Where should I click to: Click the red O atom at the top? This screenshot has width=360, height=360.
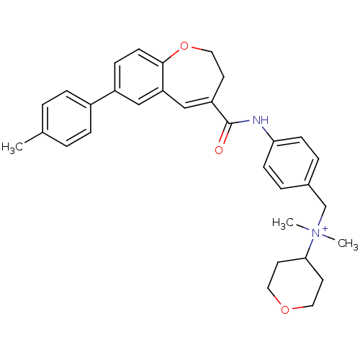pyautogui.click(x=184, y=47)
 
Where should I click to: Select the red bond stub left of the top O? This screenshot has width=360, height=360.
pyautogui.click(x=174, y=52)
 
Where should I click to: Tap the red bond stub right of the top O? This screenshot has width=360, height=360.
pyautogui.click(x=195, y=48)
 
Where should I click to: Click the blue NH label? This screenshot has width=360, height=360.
pyautogui.click(x=260, y=120)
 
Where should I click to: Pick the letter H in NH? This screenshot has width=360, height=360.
pyautogui.click(x=264, y=120)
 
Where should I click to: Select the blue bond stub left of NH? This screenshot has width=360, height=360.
pyautogui.click(x=243, y=122)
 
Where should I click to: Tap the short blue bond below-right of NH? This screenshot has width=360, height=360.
pyautogui.click(x=264, y=130)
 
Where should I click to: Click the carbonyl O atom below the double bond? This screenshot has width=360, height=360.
pyautogui.click(x=219, y=150)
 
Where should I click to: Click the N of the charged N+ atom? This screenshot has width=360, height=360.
pyautogui.click(x=315, y=233)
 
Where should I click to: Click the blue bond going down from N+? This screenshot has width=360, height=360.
pyautogui.click(x=312, y=243)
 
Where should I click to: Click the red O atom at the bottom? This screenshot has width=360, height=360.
pyautogui.click(x=285, y=310)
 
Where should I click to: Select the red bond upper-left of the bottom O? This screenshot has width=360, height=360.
pyautogui.click(x=276, y=300)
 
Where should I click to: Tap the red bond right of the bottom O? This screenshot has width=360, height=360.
pyautogui.click(x=297, y=308)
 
